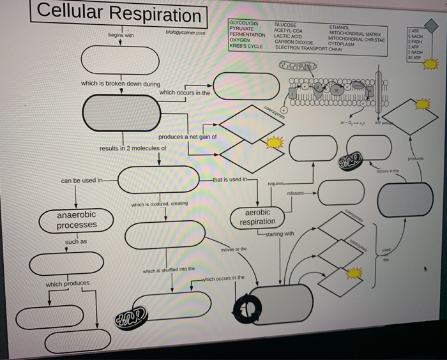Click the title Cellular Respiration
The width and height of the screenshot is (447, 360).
(x=119, y=13)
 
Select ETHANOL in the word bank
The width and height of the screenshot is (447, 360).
(x=340, y=27)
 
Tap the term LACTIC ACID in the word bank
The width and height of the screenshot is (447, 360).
(x=289, y=36)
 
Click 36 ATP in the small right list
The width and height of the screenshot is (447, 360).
(x=416, y=57)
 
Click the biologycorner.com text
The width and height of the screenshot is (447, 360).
(x=185, y=32)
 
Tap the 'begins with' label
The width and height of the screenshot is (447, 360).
(x=121, y=36)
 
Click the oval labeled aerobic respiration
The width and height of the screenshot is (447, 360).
(x=257, y=217)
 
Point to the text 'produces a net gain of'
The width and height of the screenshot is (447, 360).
(x=188, y=137)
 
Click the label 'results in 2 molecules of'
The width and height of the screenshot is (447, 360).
(x=133, y=148)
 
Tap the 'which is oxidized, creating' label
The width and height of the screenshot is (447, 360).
(x=159, y=204)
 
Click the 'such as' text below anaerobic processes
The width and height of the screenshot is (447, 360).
(x=76, y=242)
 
